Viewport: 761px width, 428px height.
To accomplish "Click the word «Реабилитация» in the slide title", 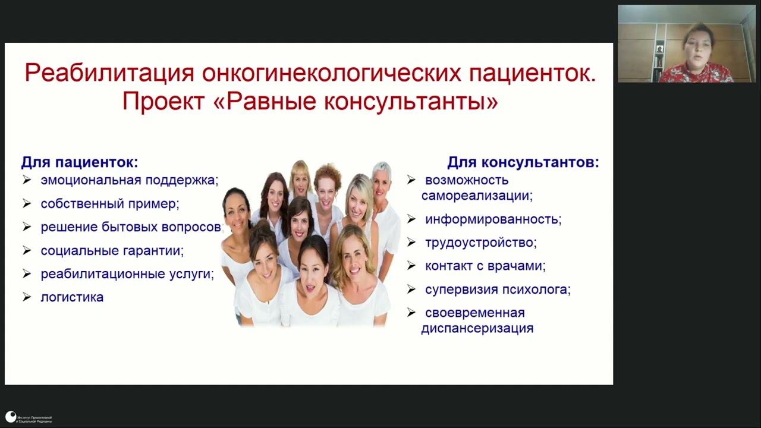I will (x=109, y=73).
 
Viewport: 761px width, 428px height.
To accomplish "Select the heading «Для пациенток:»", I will (x=80, y=162).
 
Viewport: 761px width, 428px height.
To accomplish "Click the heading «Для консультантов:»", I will (x=523, y=162).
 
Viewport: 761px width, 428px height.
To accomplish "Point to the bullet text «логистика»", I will (x=72, y=297).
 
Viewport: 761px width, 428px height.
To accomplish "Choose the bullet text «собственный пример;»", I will (x=110, y=203).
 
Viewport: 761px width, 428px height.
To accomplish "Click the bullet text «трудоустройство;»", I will (x=480, y=243).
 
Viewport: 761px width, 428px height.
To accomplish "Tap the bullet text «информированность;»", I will (x=493, y=219).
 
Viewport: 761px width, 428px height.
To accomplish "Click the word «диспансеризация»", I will (x=477, y=328).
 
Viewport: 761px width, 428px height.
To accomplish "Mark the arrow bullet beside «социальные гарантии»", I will (x=27, y=250).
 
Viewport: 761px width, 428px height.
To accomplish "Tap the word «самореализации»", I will (x=477, y=195).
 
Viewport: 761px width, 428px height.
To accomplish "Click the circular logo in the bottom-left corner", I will (x=11, y=417).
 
